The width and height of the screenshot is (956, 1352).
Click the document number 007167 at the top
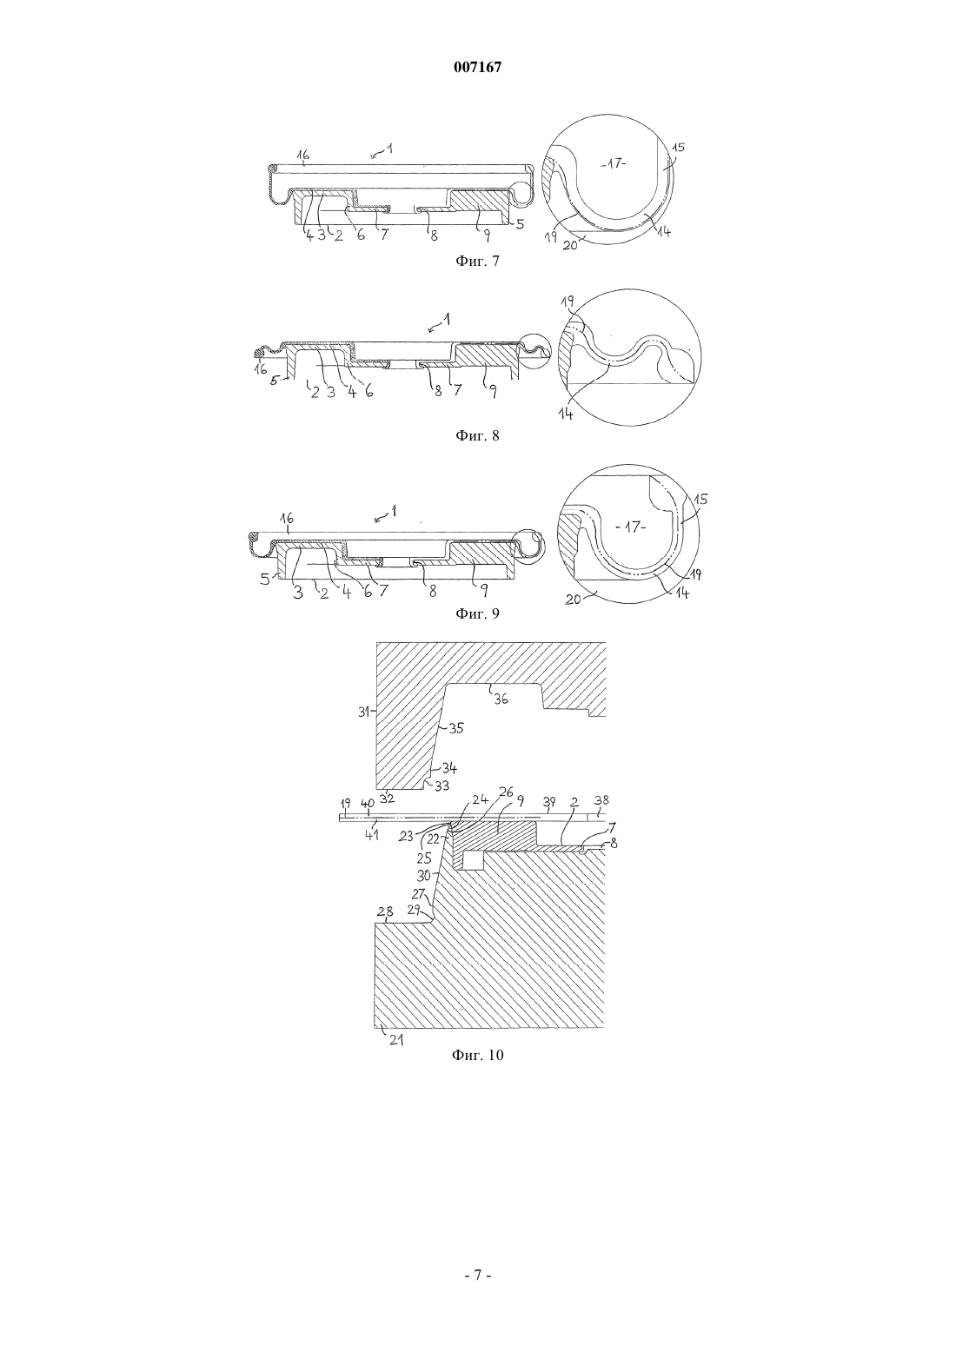point(477,68)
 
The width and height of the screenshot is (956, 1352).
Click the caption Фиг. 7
point(477,262)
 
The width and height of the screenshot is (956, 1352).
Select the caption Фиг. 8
point(477,436)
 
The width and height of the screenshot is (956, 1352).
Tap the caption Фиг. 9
point(477,613)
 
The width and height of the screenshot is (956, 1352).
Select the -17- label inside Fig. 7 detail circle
point(614,163)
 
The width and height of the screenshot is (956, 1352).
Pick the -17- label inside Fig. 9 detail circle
point(632,527)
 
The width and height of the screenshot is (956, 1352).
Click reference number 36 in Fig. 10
point(501,699)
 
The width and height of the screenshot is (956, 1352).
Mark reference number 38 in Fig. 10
point(601,800)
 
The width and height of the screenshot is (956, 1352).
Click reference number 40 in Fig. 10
point(368,803)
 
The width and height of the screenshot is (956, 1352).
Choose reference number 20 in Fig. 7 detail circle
point(570,244)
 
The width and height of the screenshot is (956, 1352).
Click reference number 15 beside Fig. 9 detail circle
point(700,499)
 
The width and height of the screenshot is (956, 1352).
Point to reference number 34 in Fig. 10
point(449,768)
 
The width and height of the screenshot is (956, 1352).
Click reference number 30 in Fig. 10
point(424,875)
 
